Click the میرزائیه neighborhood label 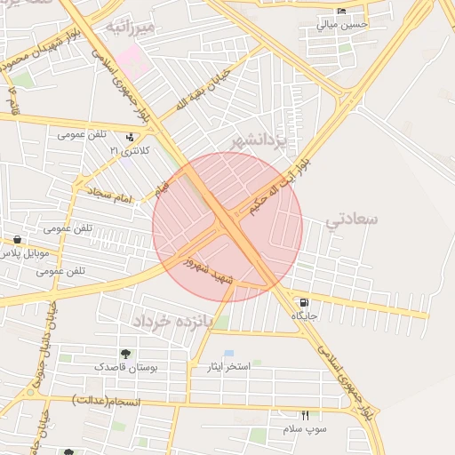pos(131,27)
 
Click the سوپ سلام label pos(306,428)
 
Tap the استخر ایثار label pos(229,366)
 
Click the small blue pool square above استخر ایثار pos(229,354)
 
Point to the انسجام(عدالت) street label pos(101,400)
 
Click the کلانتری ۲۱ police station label pos(131,151)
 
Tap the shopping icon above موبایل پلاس pos(17,240)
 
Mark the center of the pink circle pos(227,227)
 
